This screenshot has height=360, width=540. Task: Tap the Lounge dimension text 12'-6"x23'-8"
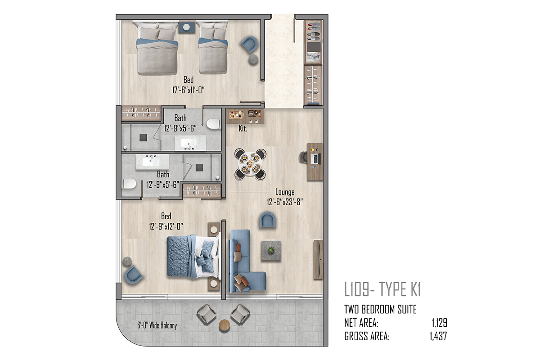pos(285,202)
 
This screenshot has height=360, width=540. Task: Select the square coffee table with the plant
pos(271,251)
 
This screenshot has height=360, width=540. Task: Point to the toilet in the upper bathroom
pos(213,124)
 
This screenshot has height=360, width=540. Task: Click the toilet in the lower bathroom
pos(130,184)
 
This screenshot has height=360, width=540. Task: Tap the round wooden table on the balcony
pos(225,326)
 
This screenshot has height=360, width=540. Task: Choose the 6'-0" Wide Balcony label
pos(157,325)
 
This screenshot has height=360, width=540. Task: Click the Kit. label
pos(243,129)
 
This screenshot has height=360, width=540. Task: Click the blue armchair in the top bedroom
pos(249,44)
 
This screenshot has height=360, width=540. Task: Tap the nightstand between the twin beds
pos(186,27)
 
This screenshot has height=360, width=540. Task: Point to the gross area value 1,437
pos(438,336)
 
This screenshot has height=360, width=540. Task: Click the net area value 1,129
pos(440,323)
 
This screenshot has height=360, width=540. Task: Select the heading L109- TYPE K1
pos(382,289)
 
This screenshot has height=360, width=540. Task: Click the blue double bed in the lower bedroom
pos(194,256)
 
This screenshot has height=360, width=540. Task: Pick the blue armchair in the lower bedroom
pos(133,274)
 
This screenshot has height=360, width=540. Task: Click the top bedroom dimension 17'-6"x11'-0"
pos(188,90)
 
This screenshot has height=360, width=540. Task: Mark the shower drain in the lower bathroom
pos(199,167)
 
